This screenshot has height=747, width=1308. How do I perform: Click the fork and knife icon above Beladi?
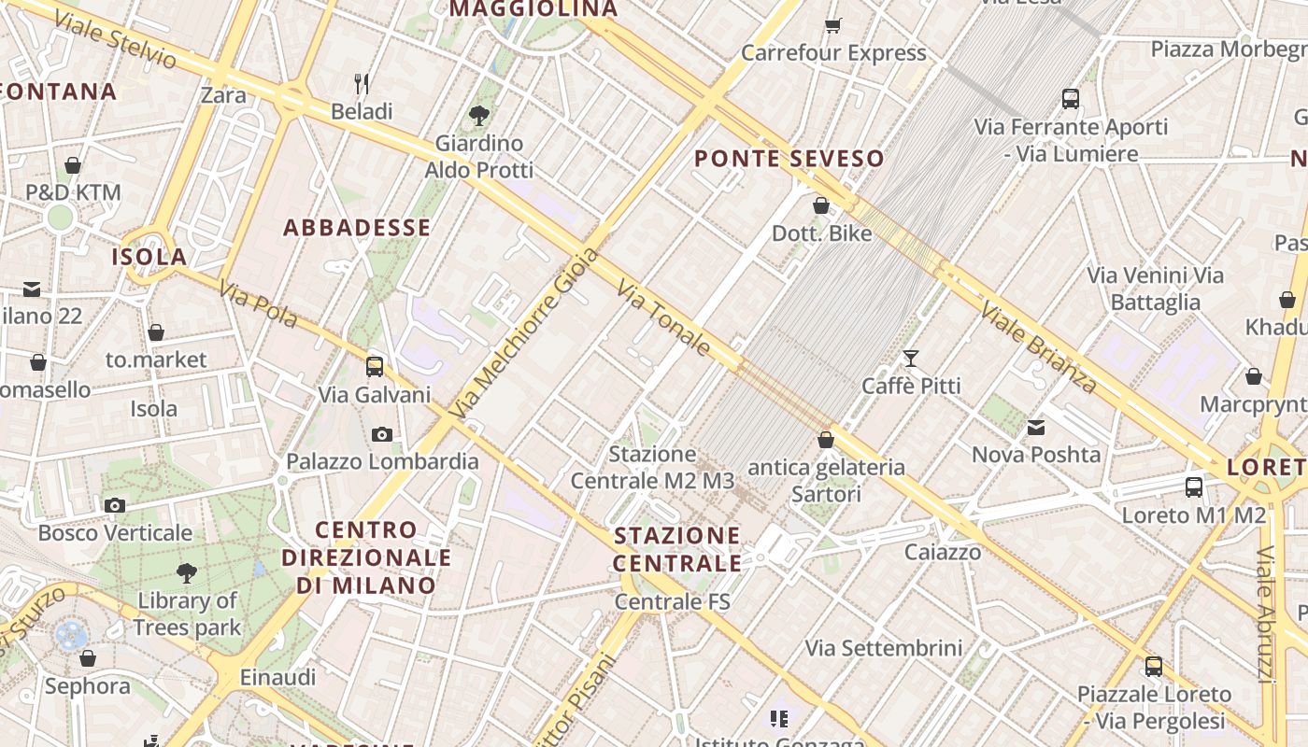pos(363,84)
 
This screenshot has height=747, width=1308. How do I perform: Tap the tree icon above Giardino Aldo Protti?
pos(479,116)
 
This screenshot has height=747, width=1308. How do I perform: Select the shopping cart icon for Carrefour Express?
pos(832,25)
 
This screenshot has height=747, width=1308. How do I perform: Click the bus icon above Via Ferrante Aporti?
pos(1071,98)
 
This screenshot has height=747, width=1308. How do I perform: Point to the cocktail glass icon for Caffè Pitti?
pos(911,358)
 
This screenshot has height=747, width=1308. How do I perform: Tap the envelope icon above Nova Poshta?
pos(1036,428)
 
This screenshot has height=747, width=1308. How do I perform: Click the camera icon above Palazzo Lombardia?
pos(381,434)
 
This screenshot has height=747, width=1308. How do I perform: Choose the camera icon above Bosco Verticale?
pos(115,505)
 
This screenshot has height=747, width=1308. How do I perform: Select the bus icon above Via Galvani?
pos(375,366)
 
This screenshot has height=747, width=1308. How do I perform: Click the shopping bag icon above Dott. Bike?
pos(821,205)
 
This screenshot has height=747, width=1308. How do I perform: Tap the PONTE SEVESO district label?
pos(789,159)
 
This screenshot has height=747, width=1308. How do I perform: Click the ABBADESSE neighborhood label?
pos(357,228)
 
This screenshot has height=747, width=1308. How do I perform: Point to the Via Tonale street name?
pos(664,317)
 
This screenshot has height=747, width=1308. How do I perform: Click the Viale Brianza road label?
pos(1038,346)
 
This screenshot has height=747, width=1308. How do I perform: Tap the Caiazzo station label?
pos(943,552)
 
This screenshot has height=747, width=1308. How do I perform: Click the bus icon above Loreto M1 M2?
pos(1194,486)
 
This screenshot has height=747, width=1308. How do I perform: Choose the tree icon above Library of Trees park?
pos(187,572)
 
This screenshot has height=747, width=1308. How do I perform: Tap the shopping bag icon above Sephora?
pos(88,658)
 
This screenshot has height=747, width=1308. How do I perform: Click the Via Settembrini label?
pos(883,647)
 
